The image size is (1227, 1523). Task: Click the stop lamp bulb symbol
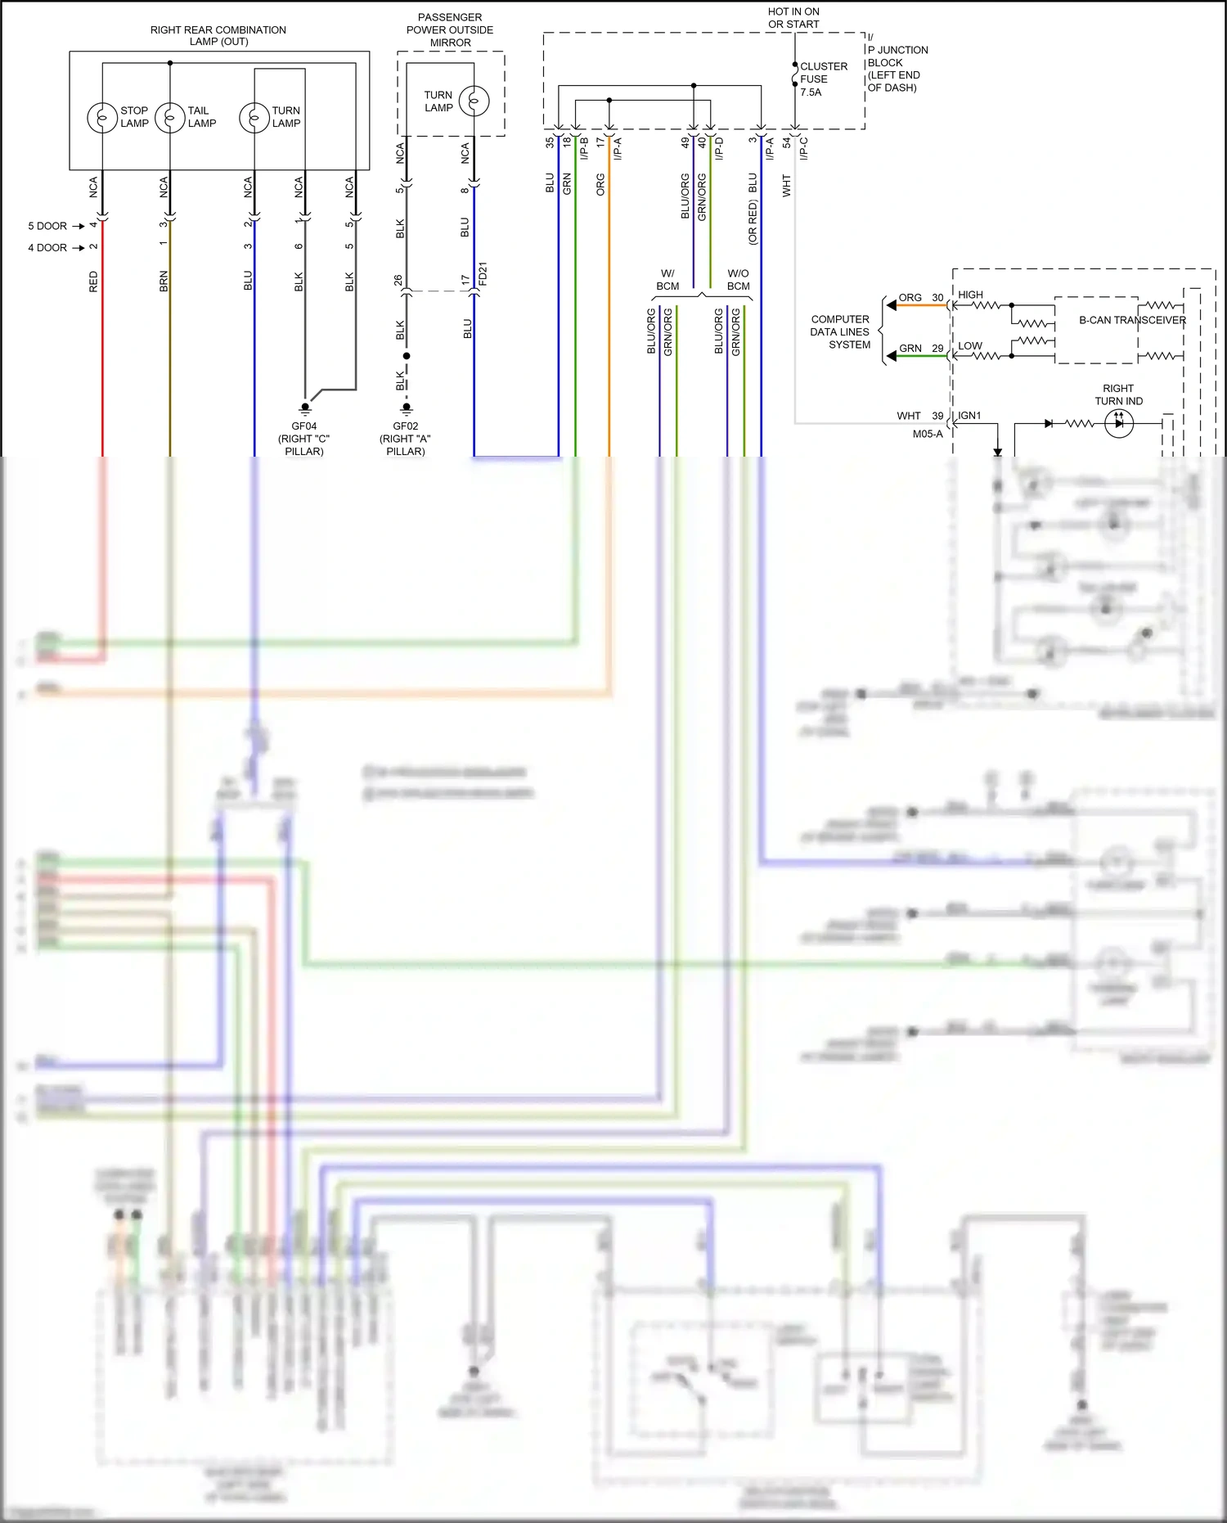(102, 117)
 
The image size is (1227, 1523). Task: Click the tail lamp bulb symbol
(170, 117)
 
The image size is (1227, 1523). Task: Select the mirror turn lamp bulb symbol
(474, 101)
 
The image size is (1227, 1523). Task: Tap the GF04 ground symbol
(305, 408)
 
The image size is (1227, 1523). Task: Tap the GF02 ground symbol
(406, 408)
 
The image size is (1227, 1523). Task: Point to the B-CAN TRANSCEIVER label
(1131, 320)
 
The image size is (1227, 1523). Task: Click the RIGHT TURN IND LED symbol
(1118, 423)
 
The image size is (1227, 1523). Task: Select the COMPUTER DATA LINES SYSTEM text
(840, 331)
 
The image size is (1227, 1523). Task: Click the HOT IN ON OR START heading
(793, 18)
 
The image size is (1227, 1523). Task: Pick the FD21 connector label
(483, 273)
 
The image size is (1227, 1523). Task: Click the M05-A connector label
(928, 434)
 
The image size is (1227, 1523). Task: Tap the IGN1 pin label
(969, 416)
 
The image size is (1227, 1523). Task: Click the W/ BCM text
(667, 280)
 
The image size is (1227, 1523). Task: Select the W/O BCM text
(738, 280)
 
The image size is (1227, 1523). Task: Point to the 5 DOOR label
(47, 226)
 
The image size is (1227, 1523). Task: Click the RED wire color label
(93, 282)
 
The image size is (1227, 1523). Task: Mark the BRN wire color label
(164, 282)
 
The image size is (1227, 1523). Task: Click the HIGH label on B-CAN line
(970, 295)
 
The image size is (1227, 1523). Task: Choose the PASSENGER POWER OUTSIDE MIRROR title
(450, 29)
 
